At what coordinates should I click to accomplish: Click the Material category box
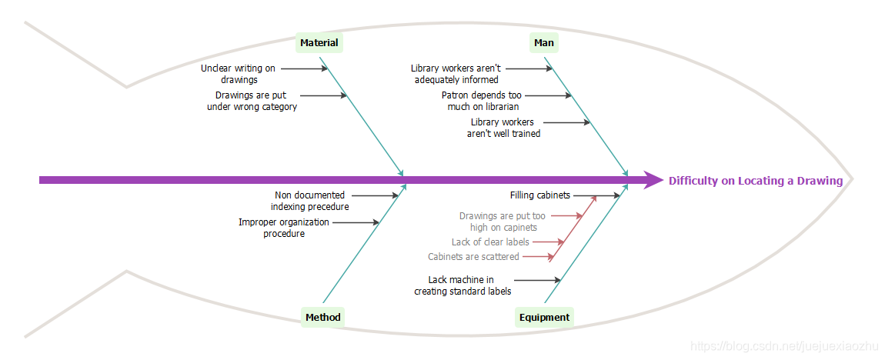coord(319,43)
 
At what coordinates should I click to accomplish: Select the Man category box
coord(544,43)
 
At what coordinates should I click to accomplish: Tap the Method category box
coord(322,317)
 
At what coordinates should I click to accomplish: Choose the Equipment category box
coord(544,317)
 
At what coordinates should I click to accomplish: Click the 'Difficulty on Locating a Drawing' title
coord(755,181)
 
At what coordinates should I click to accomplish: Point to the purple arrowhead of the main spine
coord(653,180)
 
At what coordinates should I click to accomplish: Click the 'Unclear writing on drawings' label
coord(239,74)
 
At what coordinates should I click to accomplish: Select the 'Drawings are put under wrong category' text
coord(252,101)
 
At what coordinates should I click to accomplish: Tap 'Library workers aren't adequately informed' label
coord(456,74)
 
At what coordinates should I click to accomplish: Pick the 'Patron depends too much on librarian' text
coord(482,101)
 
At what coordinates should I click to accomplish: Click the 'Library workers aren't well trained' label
coord(503,128)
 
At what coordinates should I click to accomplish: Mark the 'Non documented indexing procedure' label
coord(309,201)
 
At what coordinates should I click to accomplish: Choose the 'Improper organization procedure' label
coord(283,228)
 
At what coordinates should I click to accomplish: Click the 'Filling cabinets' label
coord(539,195)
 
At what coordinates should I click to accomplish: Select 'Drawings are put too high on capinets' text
coord(503,222)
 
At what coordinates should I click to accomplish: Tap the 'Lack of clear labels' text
coord(490,242)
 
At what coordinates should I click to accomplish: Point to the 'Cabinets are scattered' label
coord(473,257)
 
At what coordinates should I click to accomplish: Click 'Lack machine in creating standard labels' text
coord(462,285)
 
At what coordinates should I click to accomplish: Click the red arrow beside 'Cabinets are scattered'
coord(538,257)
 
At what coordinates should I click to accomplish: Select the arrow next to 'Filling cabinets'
coord(596,195)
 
